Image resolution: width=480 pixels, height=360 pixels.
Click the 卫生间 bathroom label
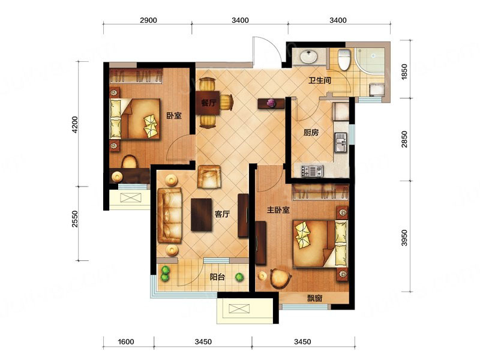320,80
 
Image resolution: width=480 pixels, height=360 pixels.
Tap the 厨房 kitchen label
311,132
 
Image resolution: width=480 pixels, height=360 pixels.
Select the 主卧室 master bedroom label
278,209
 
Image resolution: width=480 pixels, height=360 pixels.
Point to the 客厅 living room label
222,214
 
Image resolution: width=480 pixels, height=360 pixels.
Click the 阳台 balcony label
217,277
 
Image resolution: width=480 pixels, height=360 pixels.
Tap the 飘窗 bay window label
314,298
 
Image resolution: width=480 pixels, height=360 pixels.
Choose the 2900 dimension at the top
148,20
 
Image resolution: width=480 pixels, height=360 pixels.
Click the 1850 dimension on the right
404,72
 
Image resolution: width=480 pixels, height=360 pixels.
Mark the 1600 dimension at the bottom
126,341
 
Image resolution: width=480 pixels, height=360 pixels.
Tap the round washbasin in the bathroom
308,56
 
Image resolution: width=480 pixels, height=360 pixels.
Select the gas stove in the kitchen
312,171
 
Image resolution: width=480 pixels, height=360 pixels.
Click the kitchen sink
341,143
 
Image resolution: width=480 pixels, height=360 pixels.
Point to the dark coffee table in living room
202,215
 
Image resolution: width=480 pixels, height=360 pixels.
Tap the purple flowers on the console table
271,103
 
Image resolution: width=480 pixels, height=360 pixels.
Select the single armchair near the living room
209,176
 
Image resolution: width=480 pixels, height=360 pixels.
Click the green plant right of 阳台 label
239,277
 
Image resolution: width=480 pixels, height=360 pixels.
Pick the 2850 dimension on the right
404,139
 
